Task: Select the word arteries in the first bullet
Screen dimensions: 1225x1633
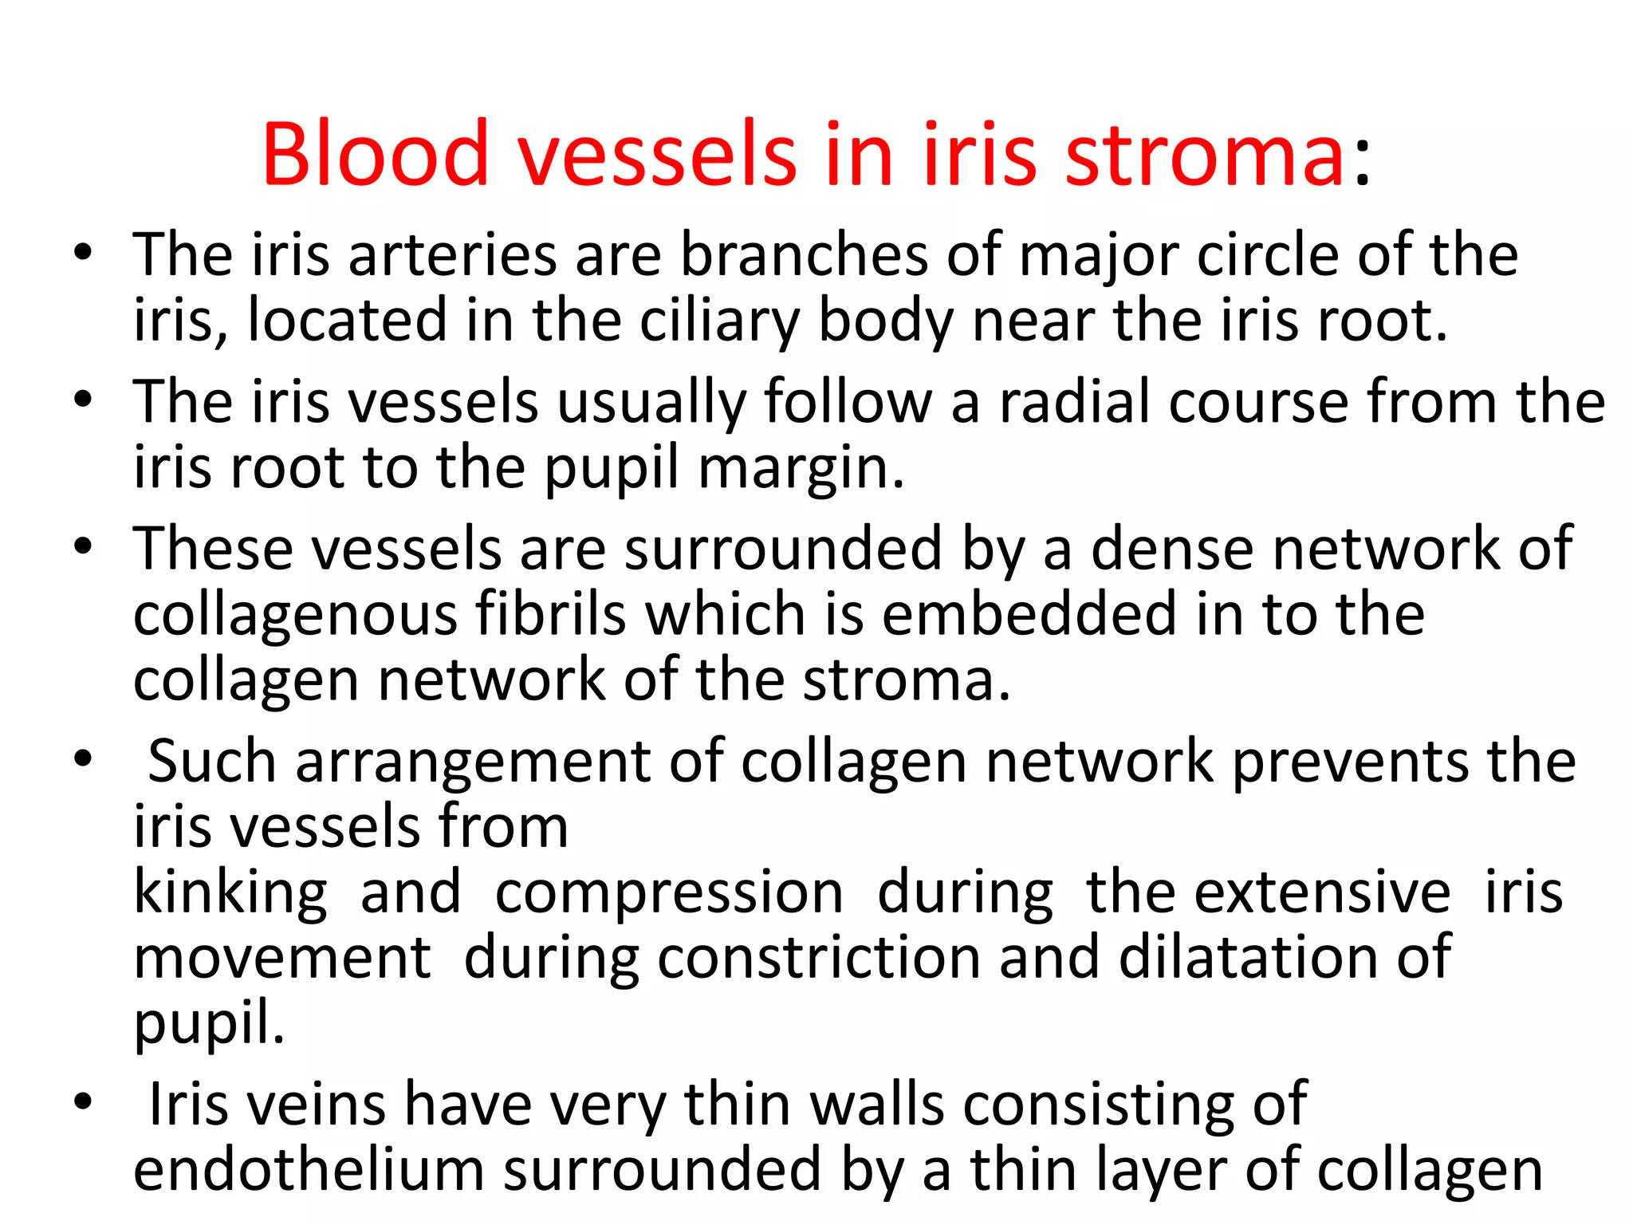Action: pos(453,255)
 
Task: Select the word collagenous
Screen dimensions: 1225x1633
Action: pos(294,616)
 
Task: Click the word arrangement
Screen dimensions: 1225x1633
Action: pos(473,762)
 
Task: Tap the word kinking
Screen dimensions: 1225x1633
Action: pos(230,892)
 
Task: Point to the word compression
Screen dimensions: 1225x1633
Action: pos(669,892)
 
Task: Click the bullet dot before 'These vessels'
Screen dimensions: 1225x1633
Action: pos(83,548)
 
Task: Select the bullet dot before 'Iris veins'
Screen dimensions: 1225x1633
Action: pos(83,1102)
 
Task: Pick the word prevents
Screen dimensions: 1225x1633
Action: pos(1348,762)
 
